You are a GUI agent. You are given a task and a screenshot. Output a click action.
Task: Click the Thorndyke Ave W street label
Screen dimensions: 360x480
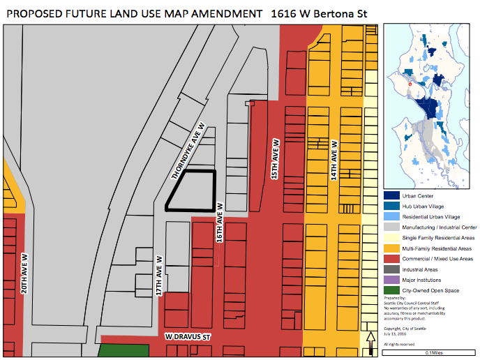coord(189,152)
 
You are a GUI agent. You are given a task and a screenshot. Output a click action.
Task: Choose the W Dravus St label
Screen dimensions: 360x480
coord(188,336)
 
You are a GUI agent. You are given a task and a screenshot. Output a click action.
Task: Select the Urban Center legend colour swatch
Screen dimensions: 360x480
coord(391,196)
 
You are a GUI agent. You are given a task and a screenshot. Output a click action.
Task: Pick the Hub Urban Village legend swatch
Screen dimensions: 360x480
coord(391,207)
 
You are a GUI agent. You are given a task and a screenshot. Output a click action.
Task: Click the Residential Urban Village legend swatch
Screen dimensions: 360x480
coord(391,217)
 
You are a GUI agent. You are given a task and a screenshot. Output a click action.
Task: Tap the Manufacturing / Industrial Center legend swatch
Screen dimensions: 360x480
coord(391,227)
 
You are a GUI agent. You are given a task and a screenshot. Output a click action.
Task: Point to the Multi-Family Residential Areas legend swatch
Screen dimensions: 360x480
coord(391,248)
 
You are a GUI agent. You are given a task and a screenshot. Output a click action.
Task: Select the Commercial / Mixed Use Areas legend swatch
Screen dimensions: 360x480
coord(391,259)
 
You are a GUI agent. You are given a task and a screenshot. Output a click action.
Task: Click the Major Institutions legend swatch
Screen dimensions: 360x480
coord(391,280)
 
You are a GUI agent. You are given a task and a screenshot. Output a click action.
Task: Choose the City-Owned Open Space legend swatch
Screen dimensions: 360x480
coord(391,290)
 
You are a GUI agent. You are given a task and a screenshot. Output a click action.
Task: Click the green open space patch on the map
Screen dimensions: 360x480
coord(119,352)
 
